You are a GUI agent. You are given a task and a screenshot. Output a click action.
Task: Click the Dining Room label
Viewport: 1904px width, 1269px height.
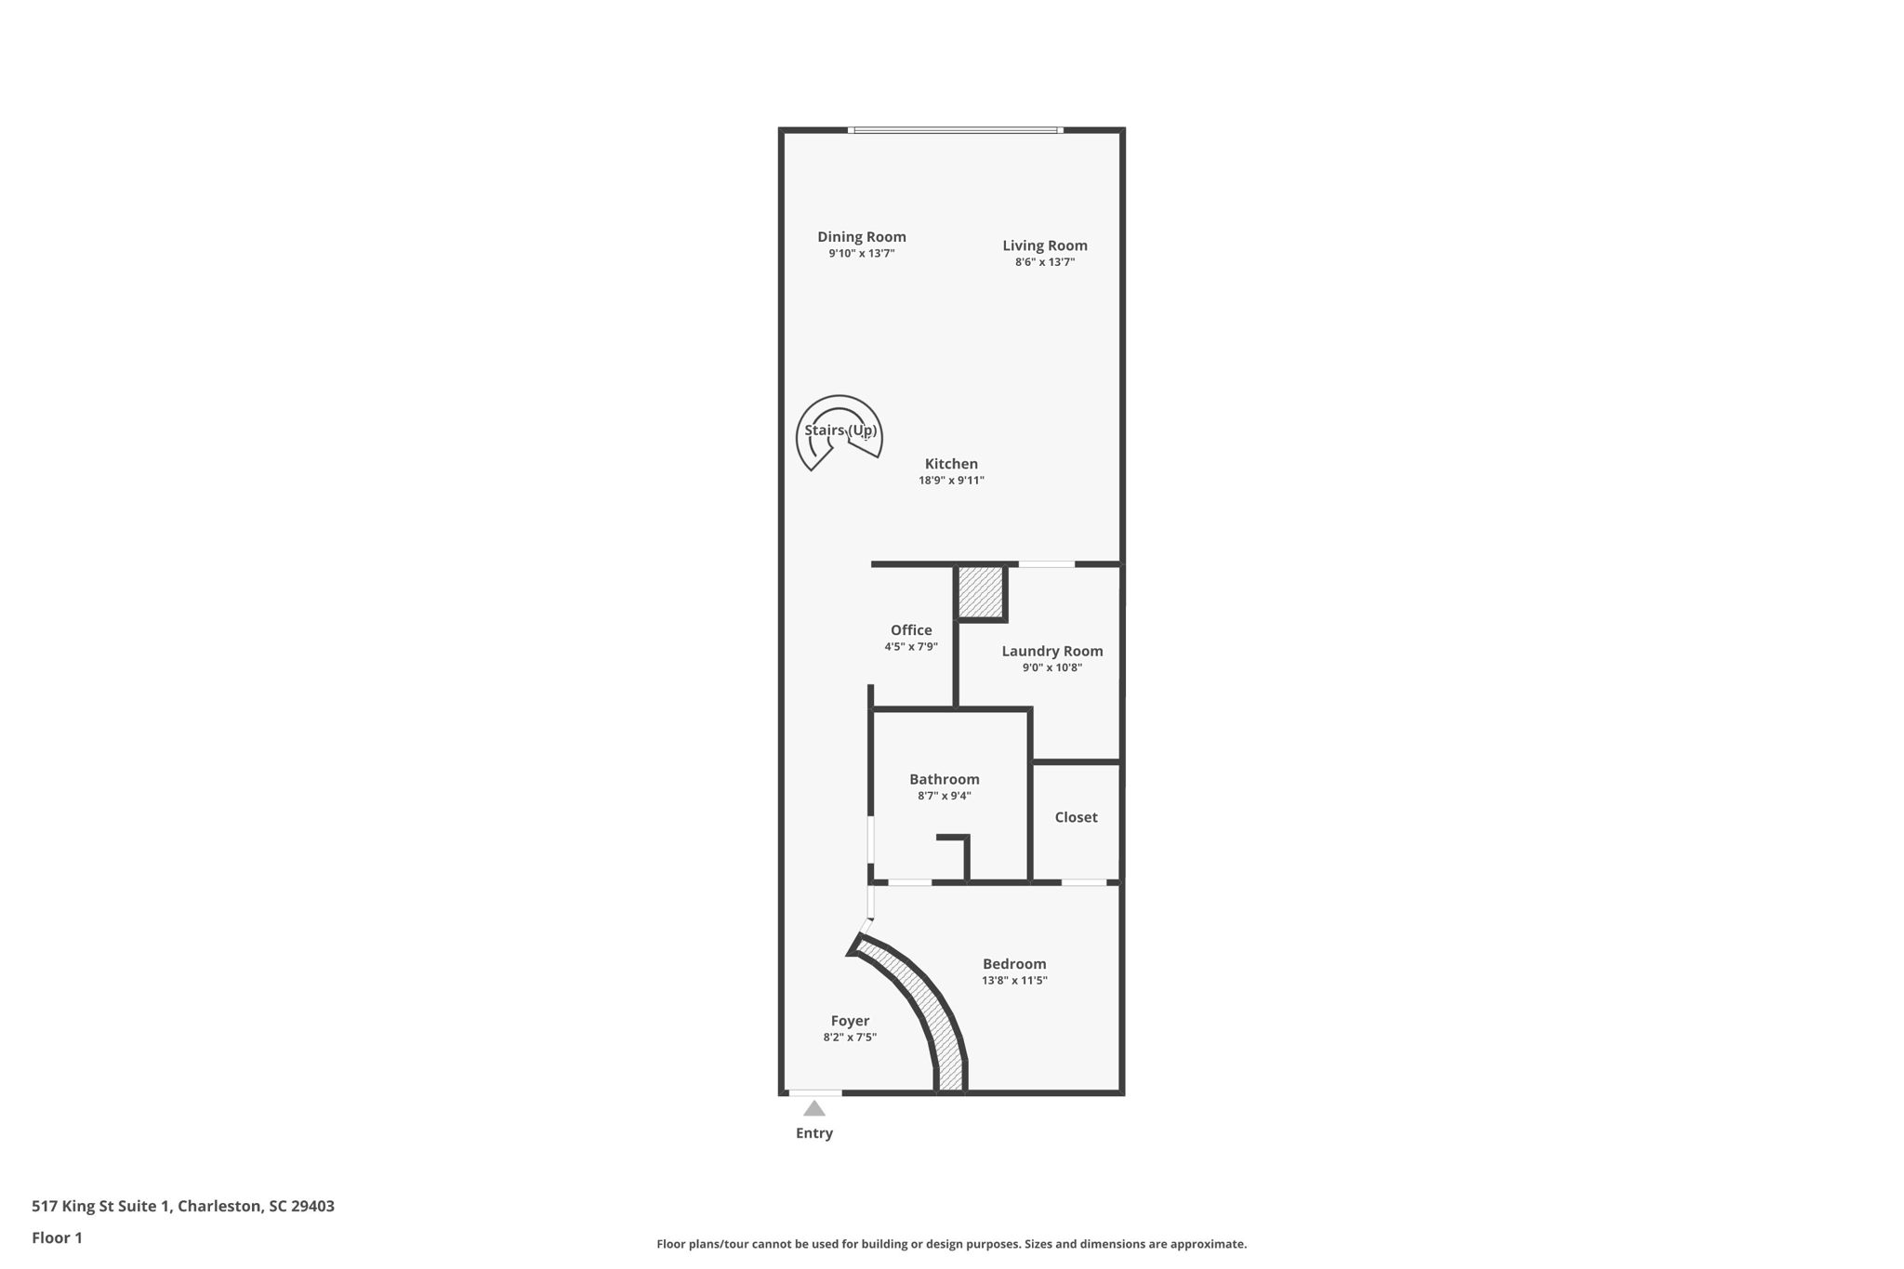pos(861,237)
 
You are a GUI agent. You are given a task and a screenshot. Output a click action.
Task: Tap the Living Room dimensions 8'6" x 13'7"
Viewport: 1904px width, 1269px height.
pos(1044,262)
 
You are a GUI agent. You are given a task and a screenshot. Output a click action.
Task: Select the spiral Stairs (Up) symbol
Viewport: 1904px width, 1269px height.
pos(839,431)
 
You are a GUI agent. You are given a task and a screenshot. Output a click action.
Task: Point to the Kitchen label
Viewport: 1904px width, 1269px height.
pos(951,464)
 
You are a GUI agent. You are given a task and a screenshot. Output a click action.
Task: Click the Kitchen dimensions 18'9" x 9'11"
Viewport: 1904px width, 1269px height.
pos(951,481)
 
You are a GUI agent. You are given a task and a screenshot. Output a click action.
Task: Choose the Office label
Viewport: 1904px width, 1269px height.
pos(910,630)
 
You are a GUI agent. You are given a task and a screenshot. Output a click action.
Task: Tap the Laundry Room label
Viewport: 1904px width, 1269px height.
pos(1051,651)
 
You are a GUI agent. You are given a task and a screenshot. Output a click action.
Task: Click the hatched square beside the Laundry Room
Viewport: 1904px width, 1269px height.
pos(981,592)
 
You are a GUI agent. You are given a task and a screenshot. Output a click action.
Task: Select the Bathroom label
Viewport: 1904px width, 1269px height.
pos(944,779)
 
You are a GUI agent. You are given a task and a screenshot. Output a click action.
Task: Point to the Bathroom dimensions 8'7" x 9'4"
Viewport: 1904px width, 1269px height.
pos(944,796)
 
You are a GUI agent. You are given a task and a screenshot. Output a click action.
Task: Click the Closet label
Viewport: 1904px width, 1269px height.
pos(1076,817)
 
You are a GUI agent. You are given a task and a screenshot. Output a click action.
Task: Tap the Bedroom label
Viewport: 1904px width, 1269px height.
pos(1014,964)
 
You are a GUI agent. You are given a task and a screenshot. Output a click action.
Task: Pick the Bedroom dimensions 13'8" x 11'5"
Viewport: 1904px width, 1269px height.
pos(1014,981)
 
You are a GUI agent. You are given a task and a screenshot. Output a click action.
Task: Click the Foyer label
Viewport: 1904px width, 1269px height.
pos(850,1021)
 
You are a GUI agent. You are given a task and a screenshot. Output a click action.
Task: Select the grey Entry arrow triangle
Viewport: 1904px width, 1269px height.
pos(814,1108)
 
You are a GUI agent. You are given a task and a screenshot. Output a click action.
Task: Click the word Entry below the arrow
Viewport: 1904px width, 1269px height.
pos(814,1133)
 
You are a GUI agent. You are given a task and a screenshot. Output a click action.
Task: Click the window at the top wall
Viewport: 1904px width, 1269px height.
pos(956,130)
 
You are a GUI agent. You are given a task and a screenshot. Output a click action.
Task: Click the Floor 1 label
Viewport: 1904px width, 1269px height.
pos(57,1237)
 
